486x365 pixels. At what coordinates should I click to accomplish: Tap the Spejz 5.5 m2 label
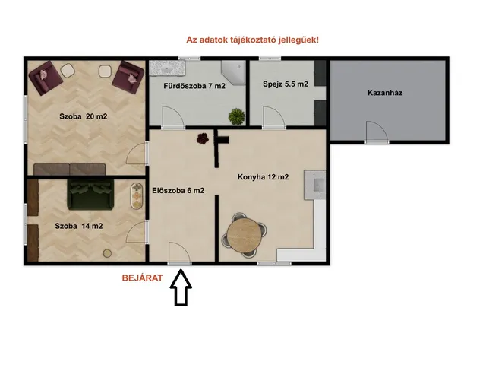click(285, 84)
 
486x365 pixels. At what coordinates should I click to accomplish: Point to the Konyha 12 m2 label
click(263, 177)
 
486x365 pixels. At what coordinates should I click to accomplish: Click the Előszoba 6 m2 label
click(178, 190)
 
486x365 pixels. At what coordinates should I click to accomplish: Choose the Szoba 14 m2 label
click(78, 226)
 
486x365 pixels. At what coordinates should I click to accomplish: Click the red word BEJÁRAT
click(143, 278)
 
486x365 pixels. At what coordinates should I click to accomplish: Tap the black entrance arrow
click(181, 290)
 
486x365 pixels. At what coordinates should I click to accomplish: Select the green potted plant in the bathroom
click(238, 116)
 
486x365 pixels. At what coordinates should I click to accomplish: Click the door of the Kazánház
click(377, 132)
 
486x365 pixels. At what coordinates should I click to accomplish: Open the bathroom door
click(172, 118)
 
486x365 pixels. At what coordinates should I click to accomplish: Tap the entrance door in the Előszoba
click(181, 253)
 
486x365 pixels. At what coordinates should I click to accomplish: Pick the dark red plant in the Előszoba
click(203, 138)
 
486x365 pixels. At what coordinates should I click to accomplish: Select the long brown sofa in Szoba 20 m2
click(72, 168)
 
